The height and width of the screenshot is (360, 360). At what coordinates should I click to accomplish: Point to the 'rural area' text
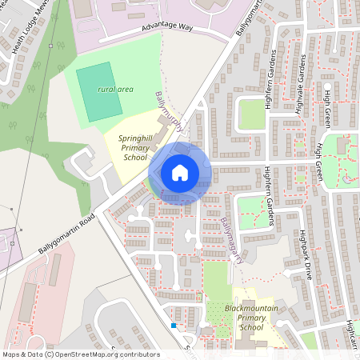point(114,90)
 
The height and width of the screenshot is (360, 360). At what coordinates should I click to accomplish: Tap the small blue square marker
point(174,326)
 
